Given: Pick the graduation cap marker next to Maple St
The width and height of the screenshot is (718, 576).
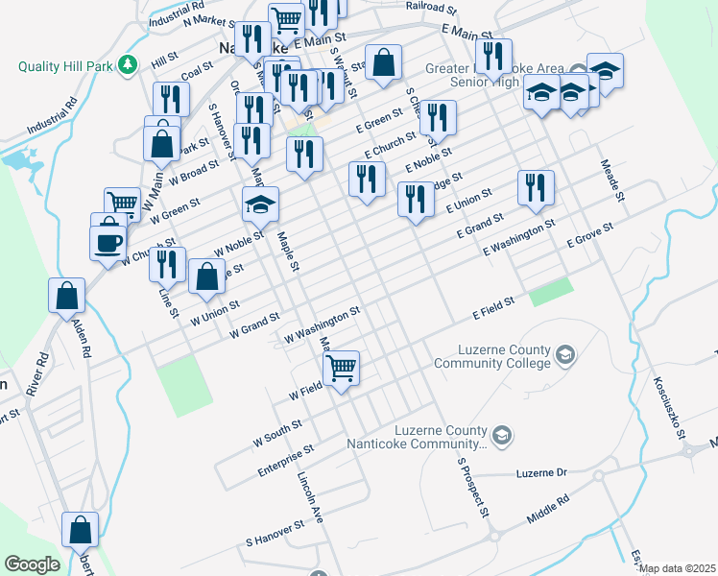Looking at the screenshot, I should [x=260, y=205].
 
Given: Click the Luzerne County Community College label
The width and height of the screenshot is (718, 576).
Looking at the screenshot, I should [x=491, y=356].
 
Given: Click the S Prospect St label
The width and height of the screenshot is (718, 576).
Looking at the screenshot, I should [x=473, y=484].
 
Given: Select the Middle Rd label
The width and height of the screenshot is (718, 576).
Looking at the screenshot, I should [x=548, y=509].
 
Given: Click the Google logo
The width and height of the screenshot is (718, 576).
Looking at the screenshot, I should [x=32, y=564].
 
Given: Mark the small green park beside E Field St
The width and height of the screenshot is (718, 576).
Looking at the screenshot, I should [x=551, y=291].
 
